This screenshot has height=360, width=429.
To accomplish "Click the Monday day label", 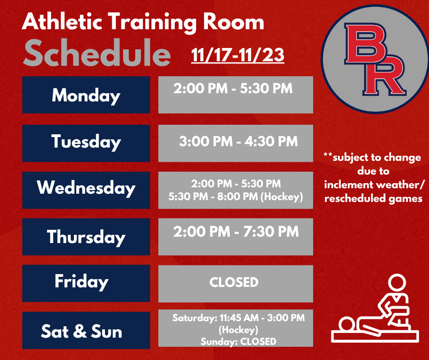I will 86,95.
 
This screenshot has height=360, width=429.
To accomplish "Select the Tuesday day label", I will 86,142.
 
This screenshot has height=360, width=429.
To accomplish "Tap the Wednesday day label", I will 86,188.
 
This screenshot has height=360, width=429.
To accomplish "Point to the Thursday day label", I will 86,237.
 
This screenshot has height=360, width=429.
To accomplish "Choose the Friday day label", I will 81,281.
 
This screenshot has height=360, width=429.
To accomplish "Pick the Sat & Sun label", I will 82,331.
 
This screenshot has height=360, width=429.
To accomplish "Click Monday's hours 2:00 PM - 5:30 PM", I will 233,88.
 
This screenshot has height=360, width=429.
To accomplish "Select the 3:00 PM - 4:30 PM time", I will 238,141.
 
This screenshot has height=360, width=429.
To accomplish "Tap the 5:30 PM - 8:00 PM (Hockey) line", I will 235,197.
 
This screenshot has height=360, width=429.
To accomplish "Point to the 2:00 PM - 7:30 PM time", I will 236,232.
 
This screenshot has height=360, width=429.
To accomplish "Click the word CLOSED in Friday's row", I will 234,282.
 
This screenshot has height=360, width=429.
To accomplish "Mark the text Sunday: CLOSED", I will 238,341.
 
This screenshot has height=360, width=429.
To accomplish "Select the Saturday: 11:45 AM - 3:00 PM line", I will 238,318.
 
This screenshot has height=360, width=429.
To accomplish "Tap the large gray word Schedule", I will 97,54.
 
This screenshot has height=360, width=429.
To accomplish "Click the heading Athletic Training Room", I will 143,22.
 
